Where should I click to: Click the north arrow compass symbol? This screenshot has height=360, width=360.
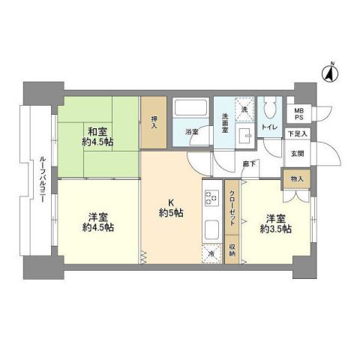click(x=328, y=73)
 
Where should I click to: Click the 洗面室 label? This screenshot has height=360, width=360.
click(x=227, y=122)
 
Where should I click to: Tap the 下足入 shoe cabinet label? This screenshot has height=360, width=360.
click(x=298, y=134)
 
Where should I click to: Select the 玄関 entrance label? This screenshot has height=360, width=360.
click(x=298, y=154)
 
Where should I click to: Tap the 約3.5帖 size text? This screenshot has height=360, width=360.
click(x=274, y=228)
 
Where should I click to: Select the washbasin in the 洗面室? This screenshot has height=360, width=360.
click(x=245, y=135)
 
